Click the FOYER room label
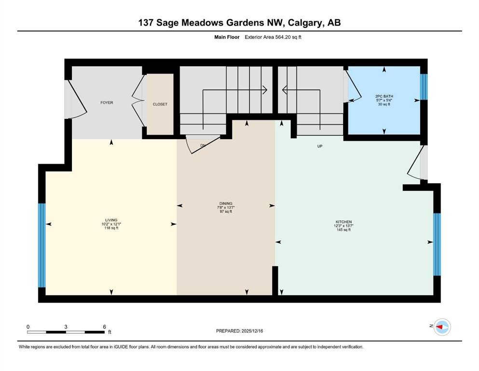pos(107,102)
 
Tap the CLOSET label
pos(160,104)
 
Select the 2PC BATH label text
pos(384,96)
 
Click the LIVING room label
pos(111,220)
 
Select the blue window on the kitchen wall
pos(437,244)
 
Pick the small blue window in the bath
pos(424,86)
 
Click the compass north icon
pos(441,327)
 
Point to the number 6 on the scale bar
pos(104,327)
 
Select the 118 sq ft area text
pos(111,228)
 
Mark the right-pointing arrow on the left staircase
pos(265,89)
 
